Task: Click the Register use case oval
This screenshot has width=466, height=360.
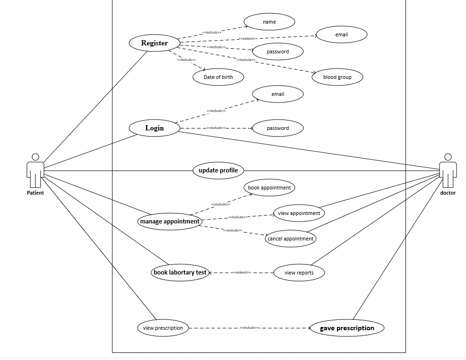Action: [154, 43]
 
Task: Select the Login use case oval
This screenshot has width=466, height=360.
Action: [154, 128]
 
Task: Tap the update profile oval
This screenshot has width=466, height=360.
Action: [218, 170]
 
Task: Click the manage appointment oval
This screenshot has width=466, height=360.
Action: [170, 221]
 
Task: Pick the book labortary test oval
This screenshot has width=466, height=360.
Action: [180, 273]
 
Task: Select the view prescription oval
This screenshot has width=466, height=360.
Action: [163, 328]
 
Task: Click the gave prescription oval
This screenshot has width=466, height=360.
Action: [346, 328]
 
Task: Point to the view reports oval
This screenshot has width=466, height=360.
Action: [299, 273]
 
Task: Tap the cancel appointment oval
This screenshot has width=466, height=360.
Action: [290, 239]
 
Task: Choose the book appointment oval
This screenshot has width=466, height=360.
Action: [269, 188]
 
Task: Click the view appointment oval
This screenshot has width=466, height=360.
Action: [299, 213]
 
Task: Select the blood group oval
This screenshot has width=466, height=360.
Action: [337, 77]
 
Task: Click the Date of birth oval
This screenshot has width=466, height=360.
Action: [218, 77]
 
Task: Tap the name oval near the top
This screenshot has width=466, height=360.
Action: [269, 22]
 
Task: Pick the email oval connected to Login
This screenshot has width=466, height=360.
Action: [277, 94]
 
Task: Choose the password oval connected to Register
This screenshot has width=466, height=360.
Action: [277, 51]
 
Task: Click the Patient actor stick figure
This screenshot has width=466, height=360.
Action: [35, 171]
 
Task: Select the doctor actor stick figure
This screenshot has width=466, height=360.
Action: [448, 171]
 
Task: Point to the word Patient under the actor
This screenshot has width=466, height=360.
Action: [35, 193]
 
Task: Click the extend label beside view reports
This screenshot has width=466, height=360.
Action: [242, 273]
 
